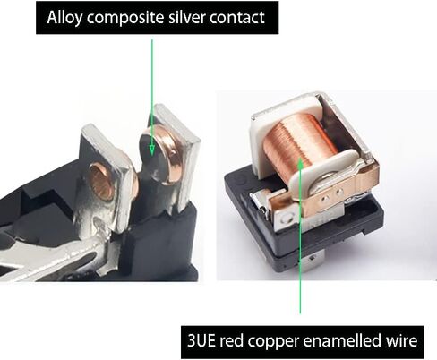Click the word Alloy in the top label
click(64, 18)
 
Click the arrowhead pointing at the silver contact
click(152, 150)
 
